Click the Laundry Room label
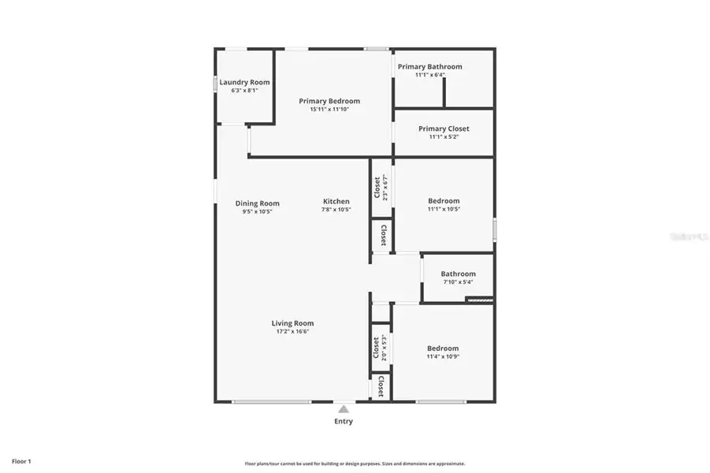244,82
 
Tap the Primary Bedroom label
329,101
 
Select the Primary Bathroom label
429,67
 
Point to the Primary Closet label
444,128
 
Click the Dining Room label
258,203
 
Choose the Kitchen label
336,202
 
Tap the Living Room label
293,323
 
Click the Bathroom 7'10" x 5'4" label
458,274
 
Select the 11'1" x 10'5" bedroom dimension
444,210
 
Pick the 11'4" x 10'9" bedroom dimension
443,356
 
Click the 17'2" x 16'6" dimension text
293,332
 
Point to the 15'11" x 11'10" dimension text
329,110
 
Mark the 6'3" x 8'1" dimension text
244,91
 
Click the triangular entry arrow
343,409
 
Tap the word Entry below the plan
343,421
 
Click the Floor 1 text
21,461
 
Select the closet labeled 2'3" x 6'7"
381,187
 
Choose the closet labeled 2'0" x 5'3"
380,348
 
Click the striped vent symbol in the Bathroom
479,300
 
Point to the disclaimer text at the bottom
355,464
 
